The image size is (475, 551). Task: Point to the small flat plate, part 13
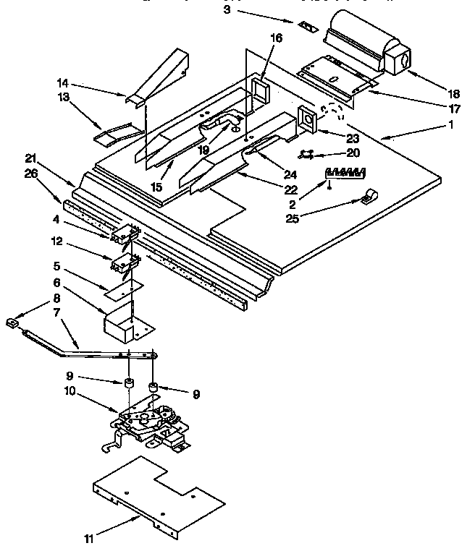(119, 133)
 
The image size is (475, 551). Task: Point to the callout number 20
(353, 153)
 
